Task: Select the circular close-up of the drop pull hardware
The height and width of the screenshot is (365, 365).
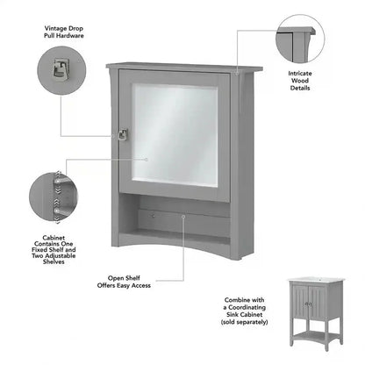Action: tap(62, 72)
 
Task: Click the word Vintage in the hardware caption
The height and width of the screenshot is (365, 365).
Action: tap(54, 26)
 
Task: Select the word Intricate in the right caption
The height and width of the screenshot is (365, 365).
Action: tap(301, 73)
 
